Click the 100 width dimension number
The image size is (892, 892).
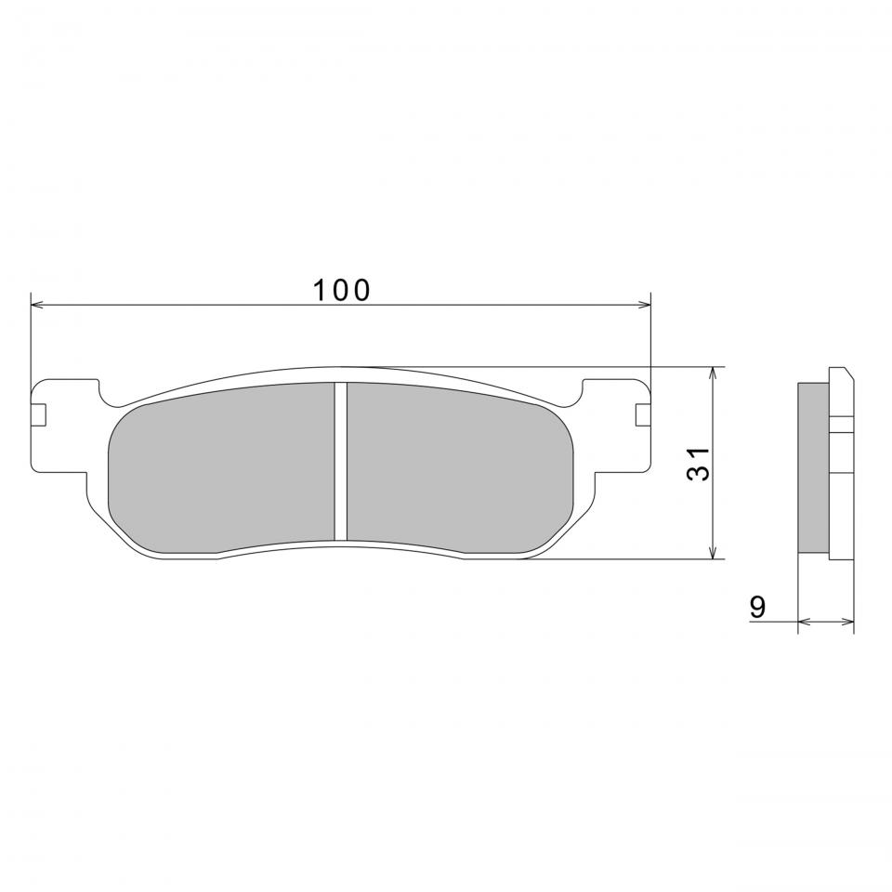click(341, 290)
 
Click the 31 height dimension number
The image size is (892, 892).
click(699, 464)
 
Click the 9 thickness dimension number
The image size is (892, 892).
click(757, 607)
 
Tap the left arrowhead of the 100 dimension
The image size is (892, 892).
click(36, 305)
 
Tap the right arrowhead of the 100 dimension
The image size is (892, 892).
click(645, 305)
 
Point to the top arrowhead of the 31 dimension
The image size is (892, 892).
click(713, 374)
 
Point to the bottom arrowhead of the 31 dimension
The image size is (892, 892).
click(713, 552)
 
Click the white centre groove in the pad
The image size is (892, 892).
click(340, 461)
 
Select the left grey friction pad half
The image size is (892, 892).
click(221, 467)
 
